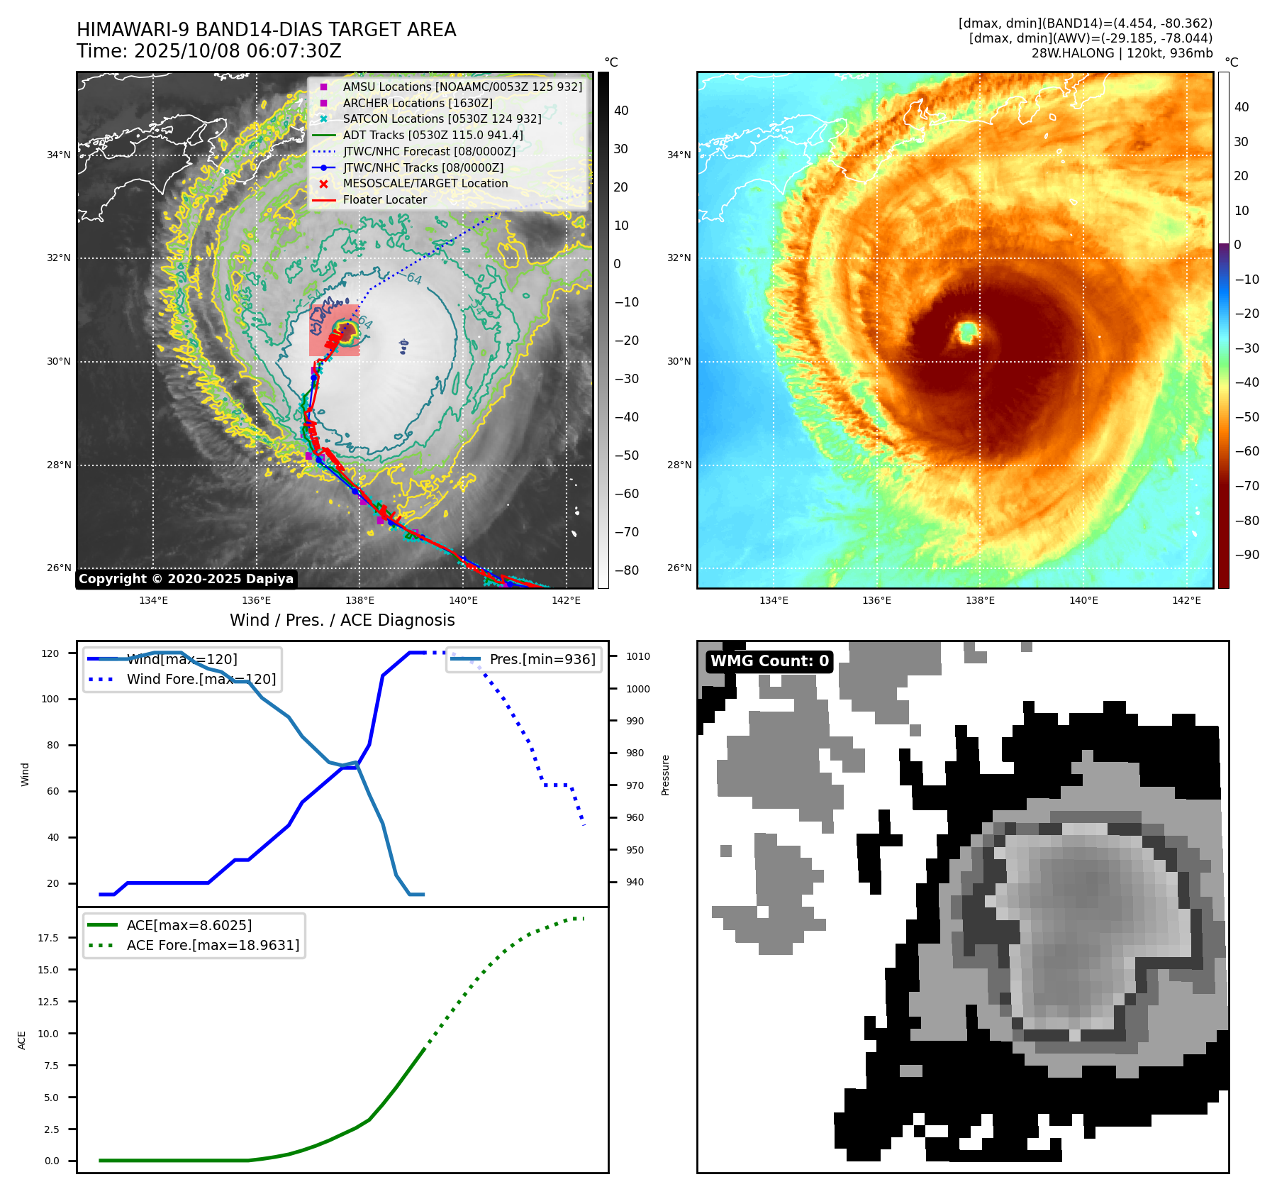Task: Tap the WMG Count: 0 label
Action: click(769, 661)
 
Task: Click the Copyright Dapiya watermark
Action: click(186, 579)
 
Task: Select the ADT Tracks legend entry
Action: click(433, 135)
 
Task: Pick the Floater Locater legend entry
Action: click(384, 200)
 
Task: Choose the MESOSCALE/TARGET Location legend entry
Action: click(425, 184)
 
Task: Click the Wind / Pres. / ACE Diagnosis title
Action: click(342, 621)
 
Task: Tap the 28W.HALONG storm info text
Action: click(1122, 53)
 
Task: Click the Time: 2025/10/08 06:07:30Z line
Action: click(209, 52)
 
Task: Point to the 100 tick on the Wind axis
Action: click(50, 700)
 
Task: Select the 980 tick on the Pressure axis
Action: click(635, 753)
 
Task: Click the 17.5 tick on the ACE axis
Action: click(48, 938)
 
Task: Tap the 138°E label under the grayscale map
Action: click(360, 601)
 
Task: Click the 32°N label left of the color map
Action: click(679, 258)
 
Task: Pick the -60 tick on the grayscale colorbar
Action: click(626, 494)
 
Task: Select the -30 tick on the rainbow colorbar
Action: click(1247, 348)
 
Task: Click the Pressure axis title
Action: click(666, 775)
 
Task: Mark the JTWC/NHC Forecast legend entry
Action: click(429, 151)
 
